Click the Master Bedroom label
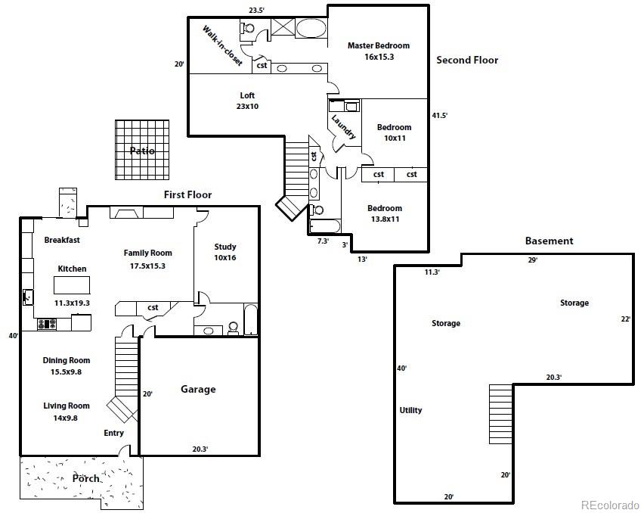click(379, 45)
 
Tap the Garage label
click(198, 389)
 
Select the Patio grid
click(142, 150)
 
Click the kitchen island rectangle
click(72, 284)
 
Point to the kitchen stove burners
click(47, 325)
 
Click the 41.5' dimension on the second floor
click(439, 116)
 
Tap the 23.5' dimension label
click(257, 11)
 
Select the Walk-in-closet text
click(222, 45)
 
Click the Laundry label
click(343, 126)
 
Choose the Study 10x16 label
click(225, 252)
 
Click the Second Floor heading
click(467, 60)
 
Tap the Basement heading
click(549, 241)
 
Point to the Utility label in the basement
click(410, 410)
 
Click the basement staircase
click(500, 414)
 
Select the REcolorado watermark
click(610, 505)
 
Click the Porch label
click(86, 478)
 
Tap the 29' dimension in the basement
click(533, 260)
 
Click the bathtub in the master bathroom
click(311, 28)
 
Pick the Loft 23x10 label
click(247, 101)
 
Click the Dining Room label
click(66, 360)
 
